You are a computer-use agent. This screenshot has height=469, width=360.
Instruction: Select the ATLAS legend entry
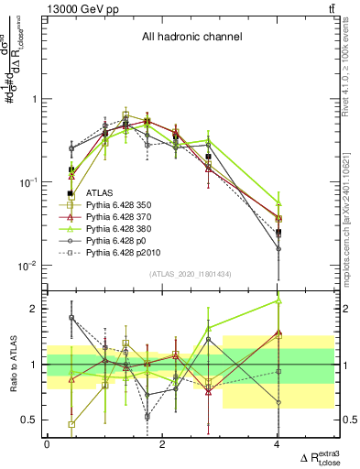[100, 193]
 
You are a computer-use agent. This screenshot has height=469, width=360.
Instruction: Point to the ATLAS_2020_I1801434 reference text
[190, 274]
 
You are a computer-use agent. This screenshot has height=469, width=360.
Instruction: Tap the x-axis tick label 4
[278, 444]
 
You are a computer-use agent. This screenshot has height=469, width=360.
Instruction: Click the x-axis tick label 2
[162, 444]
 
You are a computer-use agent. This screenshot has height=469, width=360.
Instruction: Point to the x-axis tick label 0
[47, 444]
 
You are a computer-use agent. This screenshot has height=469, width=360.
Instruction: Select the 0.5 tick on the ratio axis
[28, 420]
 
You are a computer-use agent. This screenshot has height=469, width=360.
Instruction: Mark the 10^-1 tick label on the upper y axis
[27, 182]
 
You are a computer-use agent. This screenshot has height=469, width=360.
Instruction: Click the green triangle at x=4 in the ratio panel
[278, 300]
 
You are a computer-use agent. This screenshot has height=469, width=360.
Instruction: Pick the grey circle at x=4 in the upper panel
[278, 248]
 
